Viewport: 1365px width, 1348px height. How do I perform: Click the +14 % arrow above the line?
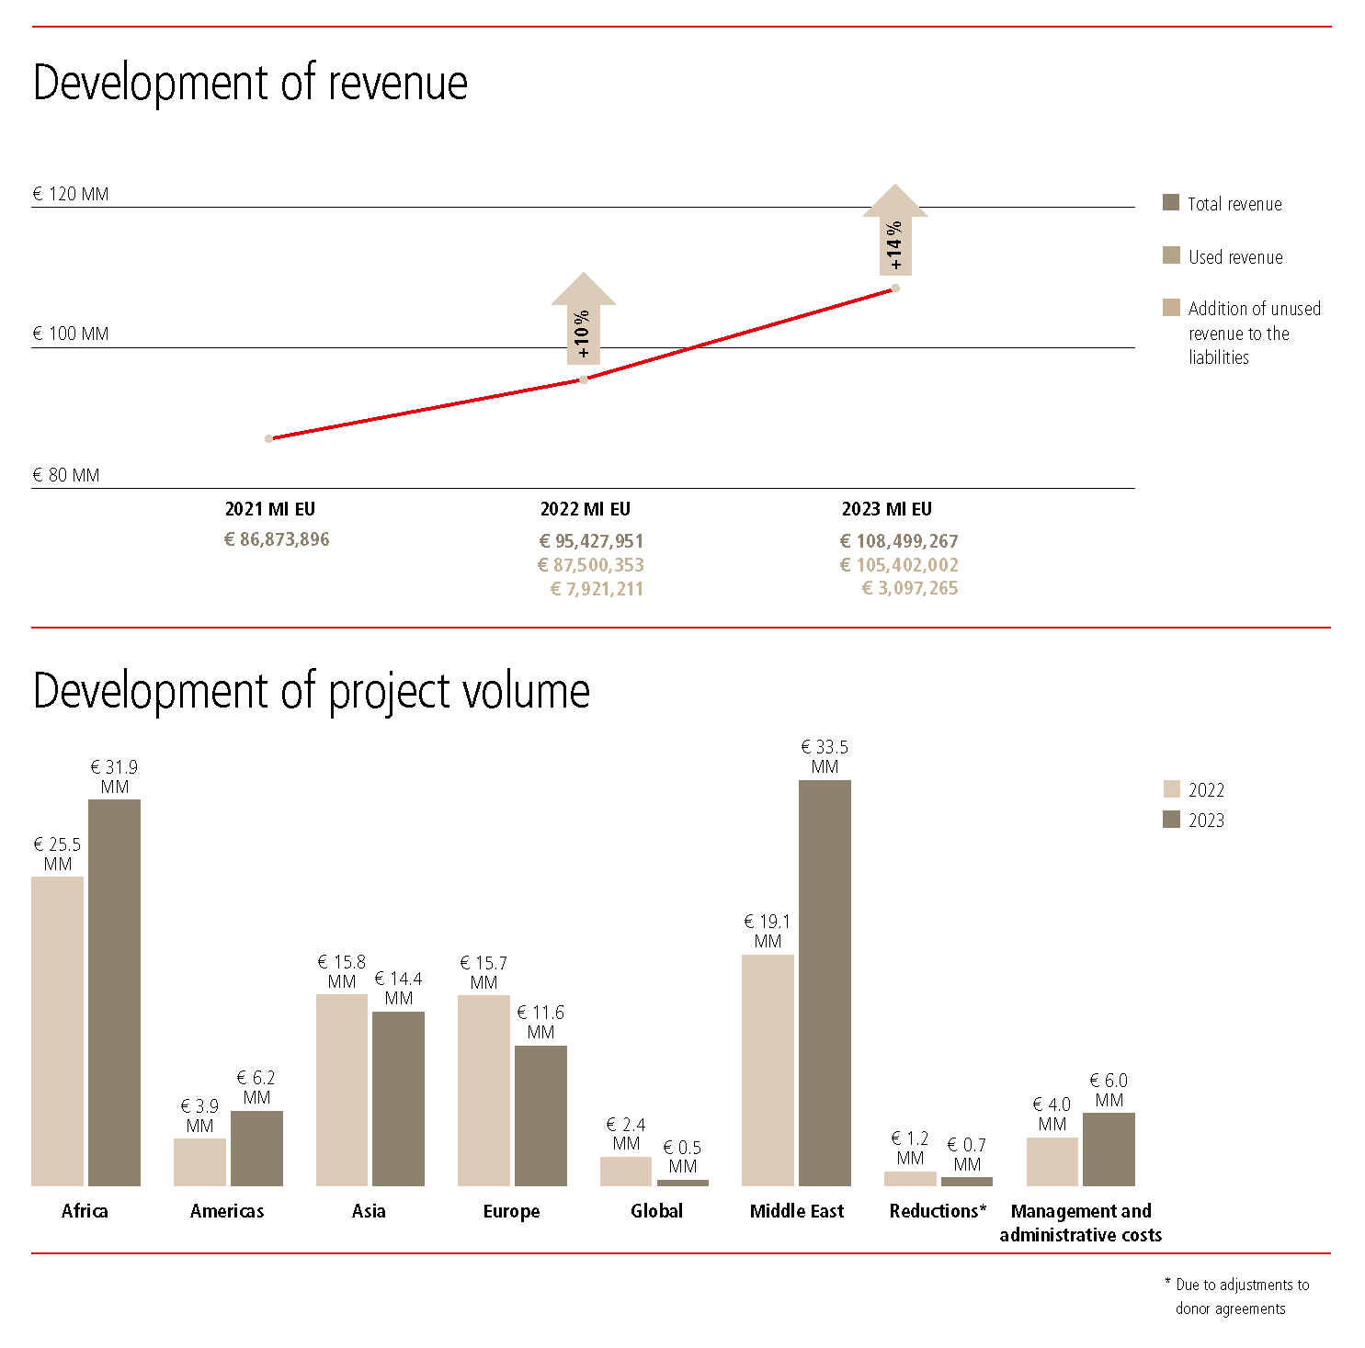[x=894, y=232]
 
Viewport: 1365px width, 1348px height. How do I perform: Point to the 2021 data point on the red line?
[x=268, y=438]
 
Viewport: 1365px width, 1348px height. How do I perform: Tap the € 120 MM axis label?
[x=71, y=194]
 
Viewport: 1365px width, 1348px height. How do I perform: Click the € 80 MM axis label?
[x=66, y=475]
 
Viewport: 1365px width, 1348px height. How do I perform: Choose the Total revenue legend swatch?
[x=1171, y=203]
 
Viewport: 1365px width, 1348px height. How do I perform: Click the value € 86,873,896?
[x=277, y=539]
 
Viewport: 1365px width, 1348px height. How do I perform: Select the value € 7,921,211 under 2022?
[x=597, y=589]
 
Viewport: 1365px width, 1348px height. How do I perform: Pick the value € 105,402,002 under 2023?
[x=899, y=565]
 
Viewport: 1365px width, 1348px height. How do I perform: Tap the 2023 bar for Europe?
[x=540, y=1115]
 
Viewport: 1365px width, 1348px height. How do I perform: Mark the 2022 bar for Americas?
[x=199, y=1161]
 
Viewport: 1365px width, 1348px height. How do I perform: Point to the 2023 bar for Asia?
[x=398, y=1098]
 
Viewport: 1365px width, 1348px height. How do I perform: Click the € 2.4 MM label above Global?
[x=626, y=1134]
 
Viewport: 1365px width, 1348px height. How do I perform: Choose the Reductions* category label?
[x=938, y=1211]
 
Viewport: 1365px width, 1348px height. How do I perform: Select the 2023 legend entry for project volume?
[x=1195, y=820]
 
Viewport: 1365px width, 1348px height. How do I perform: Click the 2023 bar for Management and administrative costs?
[x=1109, y=1149]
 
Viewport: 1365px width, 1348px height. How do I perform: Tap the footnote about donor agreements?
[x=1237, y=1297]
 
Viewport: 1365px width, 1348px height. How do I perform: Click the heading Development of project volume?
[x=311, y=691]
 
